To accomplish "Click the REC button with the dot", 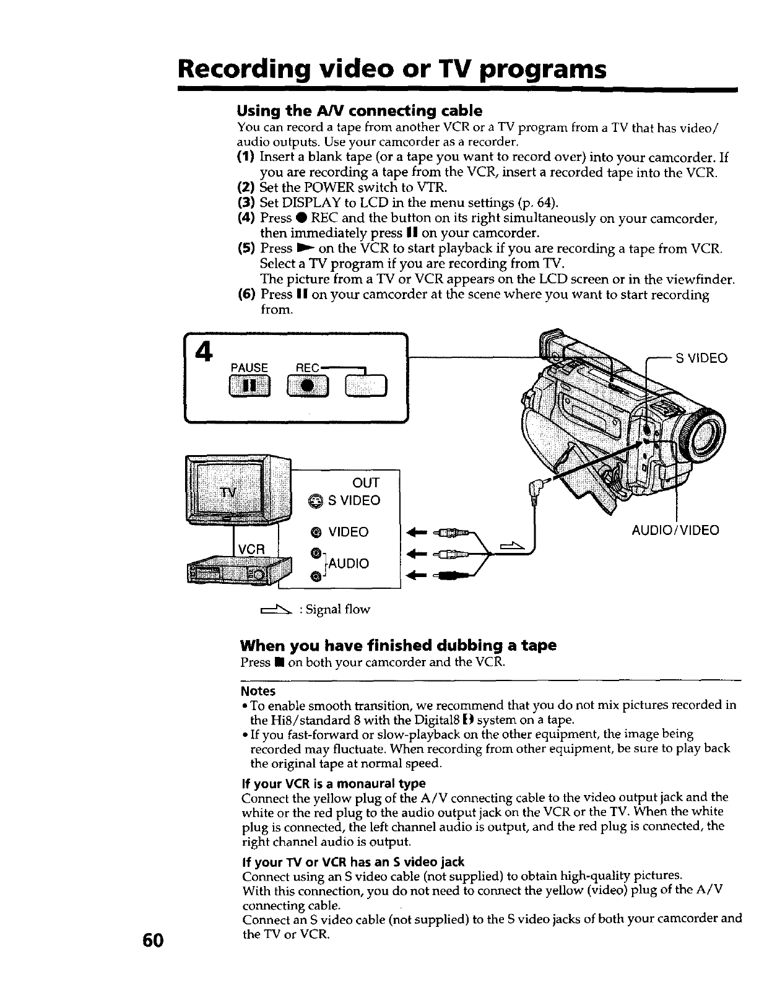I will [308, 386].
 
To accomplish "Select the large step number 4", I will [201, 353].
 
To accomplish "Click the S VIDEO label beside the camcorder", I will [701, 358].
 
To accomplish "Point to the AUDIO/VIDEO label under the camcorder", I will [675, 531].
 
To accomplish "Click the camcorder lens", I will [704, 430].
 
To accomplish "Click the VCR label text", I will [253, 549].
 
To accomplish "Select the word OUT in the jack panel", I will [365, 483].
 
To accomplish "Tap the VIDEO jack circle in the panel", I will [316, 532].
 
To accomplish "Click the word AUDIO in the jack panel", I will [349, 563].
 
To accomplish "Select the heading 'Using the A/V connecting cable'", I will [360, 111].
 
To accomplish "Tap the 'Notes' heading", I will [258, 691].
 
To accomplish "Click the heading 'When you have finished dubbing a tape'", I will [398, 646].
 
